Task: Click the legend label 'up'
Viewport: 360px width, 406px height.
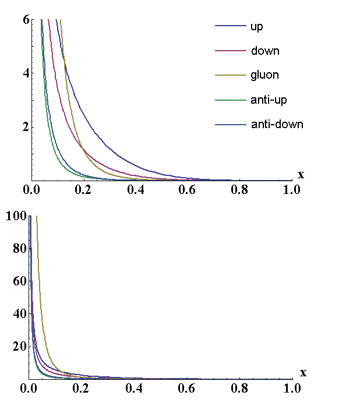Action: (257, 27)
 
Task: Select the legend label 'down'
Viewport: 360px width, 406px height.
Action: (265, 51)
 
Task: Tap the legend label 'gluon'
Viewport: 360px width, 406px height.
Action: (265, 76)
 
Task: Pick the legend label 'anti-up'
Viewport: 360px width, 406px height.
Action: (269, 100)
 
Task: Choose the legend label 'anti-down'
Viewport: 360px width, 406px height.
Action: (277, 125)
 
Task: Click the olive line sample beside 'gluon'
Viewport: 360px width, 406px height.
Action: (230, 76)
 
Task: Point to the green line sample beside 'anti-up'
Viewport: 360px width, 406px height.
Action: (230, 100)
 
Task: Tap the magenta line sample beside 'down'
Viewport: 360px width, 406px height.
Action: (230, 51)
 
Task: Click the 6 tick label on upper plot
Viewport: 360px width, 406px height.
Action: (26, 19)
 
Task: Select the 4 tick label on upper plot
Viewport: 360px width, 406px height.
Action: (26, 73)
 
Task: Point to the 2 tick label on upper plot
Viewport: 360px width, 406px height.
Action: (26, 127)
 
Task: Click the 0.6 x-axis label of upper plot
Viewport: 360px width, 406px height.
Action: (188, 190)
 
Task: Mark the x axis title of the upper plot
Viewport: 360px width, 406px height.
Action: (301, 175)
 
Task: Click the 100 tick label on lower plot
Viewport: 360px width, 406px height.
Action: (16, 217)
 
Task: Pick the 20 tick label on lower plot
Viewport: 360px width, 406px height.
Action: (20, 347)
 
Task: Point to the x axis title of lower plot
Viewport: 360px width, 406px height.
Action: (302, 373)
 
